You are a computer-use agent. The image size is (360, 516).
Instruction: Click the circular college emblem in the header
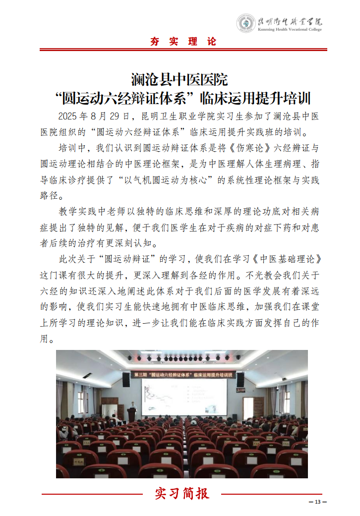click(x=245, y=23)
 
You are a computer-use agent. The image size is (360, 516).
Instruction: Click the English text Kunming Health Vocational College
click(x=290, y=30)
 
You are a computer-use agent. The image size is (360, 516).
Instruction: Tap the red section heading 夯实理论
click(x=183, y=42)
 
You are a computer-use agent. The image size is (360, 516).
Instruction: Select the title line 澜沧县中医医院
click(x=179, y=79)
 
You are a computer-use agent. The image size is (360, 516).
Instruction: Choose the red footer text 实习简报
click(x=182, y=493)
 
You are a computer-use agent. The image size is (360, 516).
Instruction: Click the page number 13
click(x=317, y=502)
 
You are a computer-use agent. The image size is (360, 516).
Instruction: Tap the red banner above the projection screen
click(x=183, y=375)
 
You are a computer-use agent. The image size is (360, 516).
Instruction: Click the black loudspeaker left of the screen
click(x=126, y=379)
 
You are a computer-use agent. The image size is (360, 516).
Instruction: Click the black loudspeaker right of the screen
click(x=240, y=380)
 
